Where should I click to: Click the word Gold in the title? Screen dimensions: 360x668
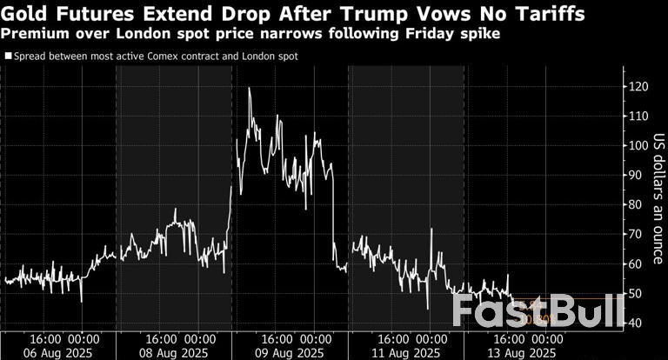point(26,14)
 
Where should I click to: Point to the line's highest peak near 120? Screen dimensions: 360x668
point(250,88)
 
